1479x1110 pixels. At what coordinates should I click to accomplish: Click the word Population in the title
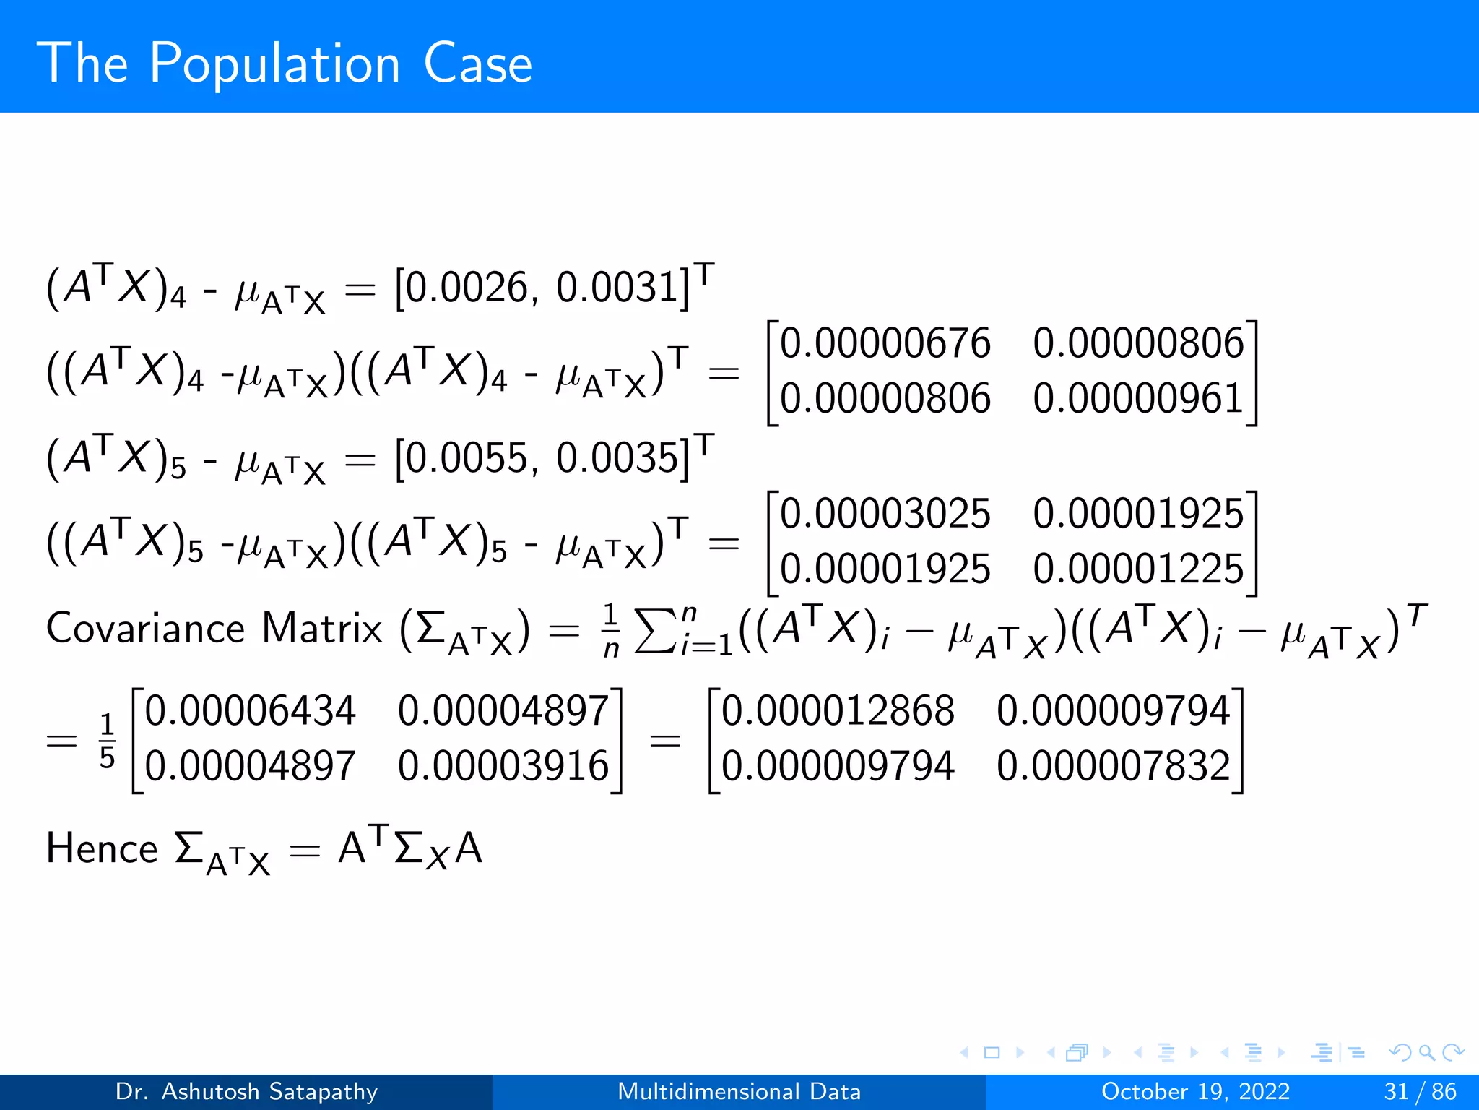pos(274,65)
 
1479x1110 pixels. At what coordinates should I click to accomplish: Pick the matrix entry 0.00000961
pos(1138,398)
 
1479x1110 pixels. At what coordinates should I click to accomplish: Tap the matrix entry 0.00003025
pos(885,514)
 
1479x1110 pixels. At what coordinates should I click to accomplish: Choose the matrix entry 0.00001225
pos(1138,569)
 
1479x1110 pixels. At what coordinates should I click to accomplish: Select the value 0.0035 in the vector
pos(618,458)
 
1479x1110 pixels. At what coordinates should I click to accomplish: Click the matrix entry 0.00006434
pos(250,710)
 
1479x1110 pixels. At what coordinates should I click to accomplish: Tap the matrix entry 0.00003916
pos(503,766)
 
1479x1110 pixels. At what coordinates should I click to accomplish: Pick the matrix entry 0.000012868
pos(838,710)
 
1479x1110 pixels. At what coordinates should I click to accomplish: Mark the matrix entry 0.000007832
pos(1113,766)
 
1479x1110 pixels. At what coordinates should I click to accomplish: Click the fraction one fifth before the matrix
pos(107,740)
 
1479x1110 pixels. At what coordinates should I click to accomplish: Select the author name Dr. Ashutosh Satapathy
pos(246,1091)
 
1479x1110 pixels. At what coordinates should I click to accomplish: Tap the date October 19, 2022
pos(1195,1091)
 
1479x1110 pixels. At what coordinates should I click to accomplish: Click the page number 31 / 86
pos(1420,1091)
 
